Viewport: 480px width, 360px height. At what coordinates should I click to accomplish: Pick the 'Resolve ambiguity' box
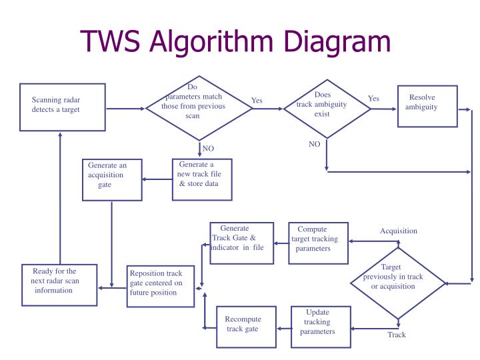[427, 106]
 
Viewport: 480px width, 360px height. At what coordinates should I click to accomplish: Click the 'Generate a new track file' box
[202, 179]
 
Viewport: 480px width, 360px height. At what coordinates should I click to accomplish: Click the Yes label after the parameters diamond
[257, 101]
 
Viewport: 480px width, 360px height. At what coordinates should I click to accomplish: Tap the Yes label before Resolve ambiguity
[373, 99]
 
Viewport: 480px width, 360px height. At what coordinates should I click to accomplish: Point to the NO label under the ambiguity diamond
[315, 144]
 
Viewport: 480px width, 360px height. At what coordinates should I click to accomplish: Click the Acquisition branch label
[398, 231]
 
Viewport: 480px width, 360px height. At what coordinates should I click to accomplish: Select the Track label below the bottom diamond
[397, 335]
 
